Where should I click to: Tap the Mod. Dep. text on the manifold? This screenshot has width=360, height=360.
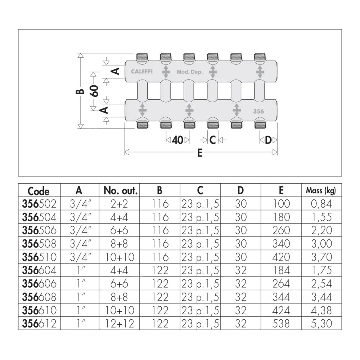point(190,72)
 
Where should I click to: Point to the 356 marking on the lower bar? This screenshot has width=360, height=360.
point(258,111)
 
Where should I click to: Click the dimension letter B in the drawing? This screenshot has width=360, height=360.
point(81,91)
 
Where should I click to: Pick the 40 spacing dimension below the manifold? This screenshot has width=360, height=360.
point(177,140)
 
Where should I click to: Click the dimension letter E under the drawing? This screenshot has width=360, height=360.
point(200,153)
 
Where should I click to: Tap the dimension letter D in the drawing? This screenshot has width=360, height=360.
point(268,140)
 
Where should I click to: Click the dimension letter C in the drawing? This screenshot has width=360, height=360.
point(212,140)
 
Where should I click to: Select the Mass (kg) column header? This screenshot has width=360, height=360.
point(321,190)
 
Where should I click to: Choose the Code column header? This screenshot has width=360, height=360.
point(39,191)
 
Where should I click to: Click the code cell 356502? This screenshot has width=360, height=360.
point(40,204)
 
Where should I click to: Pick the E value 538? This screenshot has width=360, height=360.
point(281,324)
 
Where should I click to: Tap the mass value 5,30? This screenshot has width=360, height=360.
point(321,324)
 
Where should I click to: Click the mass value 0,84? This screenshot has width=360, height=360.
point(321,204)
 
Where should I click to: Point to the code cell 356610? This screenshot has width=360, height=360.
point(40,310)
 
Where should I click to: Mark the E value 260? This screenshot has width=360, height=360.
point(281,230)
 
